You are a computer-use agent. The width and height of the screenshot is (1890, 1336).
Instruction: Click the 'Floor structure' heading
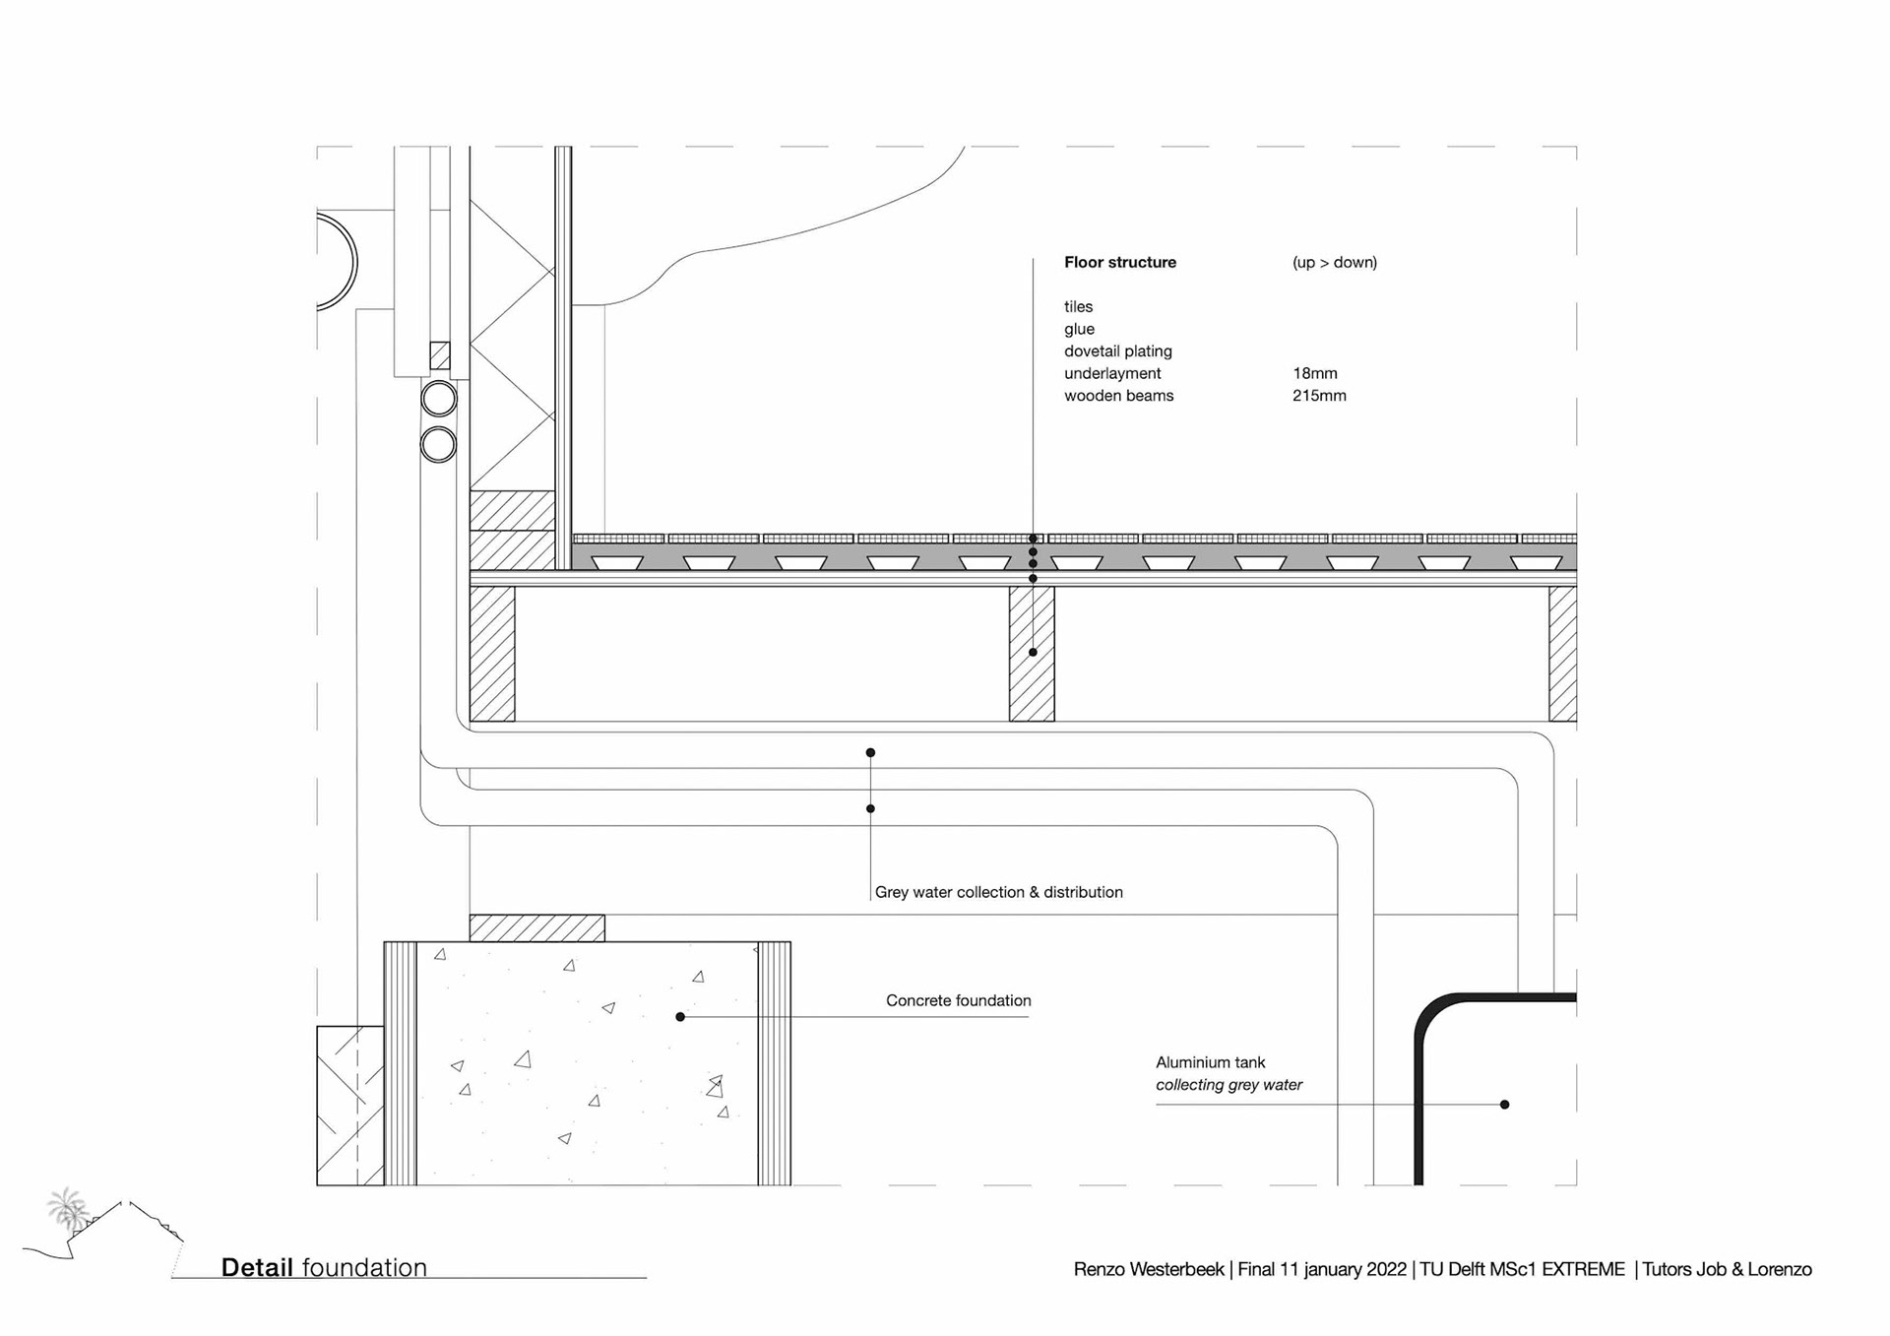[x=1119, y=262]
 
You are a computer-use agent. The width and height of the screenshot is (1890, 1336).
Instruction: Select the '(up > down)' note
[x=1334, y=262]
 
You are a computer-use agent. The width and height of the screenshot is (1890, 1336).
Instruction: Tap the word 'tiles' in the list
[x=1078, y=306]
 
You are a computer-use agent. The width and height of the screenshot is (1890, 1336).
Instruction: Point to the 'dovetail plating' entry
[x=1117, y=350]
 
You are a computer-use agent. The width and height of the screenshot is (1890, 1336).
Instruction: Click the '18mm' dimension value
[x=1314, y=373]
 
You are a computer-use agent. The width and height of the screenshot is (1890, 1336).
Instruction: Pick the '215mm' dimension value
[x=1319, y=396]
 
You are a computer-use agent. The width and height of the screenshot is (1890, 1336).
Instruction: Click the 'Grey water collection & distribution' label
[x=998, y=892]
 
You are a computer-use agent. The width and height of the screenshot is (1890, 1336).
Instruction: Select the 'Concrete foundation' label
[x=958, y=1000]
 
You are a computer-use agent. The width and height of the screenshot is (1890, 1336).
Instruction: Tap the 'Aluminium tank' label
[x=1210, y=1062]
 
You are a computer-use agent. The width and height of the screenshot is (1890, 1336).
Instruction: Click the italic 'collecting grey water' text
[x=1228, y=1085]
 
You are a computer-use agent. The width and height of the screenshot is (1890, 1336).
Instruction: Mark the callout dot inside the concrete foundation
[x=680, y=1017]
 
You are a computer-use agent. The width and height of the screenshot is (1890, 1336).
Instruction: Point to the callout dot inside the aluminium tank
[x=1504, y=1105]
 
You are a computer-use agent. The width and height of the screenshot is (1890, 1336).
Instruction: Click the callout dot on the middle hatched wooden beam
[x=1033, y=652]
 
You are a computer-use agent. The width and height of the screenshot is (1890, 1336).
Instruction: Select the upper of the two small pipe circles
[x=439, y=399]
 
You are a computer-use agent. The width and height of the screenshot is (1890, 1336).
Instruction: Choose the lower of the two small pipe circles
[x=439, y=444]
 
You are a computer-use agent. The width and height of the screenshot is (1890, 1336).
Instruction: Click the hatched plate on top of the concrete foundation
[x=536, y=927]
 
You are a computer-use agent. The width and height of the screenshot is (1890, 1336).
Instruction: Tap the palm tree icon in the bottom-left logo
[x=67, y=1207]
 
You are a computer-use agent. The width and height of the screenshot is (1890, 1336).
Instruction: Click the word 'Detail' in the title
[x=257, y=1267]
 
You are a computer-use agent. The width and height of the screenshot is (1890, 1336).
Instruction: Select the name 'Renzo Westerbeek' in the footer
[x=1148, y=1269]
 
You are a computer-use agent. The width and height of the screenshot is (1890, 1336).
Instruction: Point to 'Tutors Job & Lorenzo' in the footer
[x=1727, y=1269]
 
